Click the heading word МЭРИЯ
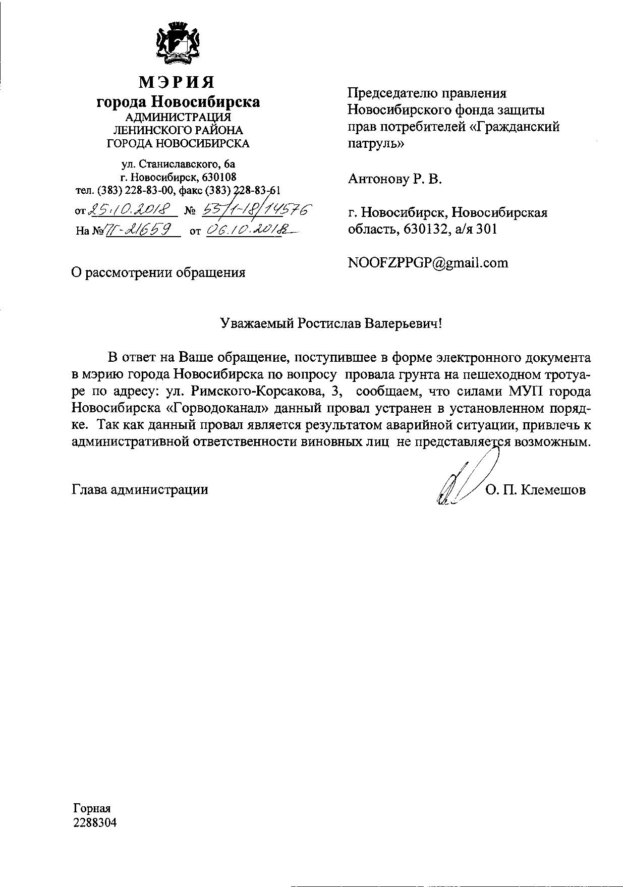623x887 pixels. tap(177, 82)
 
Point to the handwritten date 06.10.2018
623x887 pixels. tap(249, 230)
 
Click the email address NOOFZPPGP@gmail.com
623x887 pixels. tap(428, 263)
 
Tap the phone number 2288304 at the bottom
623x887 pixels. tap(94, 823)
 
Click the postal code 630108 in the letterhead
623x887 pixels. tap(219, 177)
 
